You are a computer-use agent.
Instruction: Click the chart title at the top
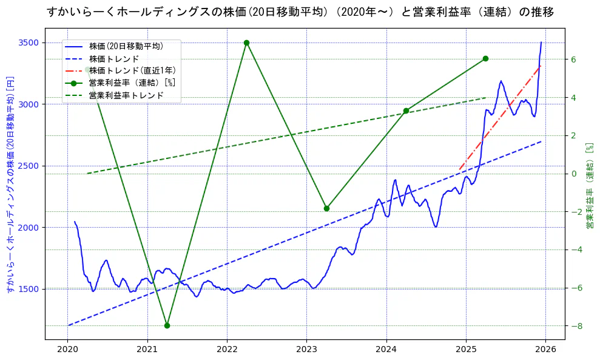point(300,12)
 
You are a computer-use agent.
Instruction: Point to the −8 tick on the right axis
point(576,326)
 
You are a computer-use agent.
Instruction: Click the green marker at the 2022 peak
point(246,42)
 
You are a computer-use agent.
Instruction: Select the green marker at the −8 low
point(167,325)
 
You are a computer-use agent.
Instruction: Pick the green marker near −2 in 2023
point(326,208)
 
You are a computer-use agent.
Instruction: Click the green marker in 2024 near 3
point(406,110)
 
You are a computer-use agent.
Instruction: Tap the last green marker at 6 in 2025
point(485,58)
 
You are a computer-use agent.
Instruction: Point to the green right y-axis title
point(589,186)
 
